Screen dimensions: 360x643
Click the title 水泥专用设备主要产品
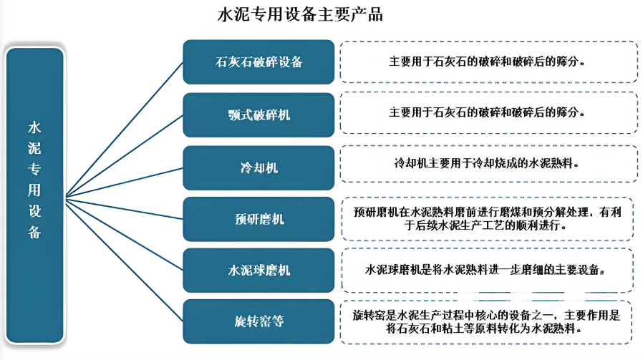click(299, 15)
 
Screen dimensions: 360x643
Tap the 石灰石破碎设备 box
click(258, 62)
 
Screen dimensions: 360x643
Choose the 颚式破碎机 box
click(258, 115)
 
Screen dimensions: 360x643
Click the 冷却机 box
click(258, 167)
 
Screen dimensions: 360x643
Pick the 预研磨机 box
click(258, 219)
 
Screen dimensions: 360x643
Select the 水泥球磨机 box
click(258, 271)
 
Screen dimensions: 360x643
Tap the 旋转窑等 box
click(258, 321)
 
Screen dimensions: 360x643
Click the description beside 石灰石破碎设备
click(488, 61)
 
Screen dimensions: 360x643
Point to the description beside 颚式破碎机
click(488, 113)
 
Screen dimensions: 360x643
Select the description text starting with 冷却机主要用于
click(488, 163)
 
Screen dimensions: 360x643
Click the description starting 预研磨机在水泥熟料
click(488, 218)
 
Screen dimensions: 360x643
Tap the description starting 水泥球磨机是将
click(488, 271)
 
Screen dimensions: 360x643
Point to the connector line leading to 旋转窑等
click(125, 258)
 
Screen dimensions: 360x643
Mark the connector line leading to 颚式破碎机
click(125, 155)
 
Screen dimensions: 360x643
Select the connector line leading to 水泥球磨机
click(125, 233)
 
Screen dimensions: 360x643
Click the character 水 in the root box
click(34, 127)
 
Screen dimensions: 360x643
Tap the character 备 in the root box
click(34, 232)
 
